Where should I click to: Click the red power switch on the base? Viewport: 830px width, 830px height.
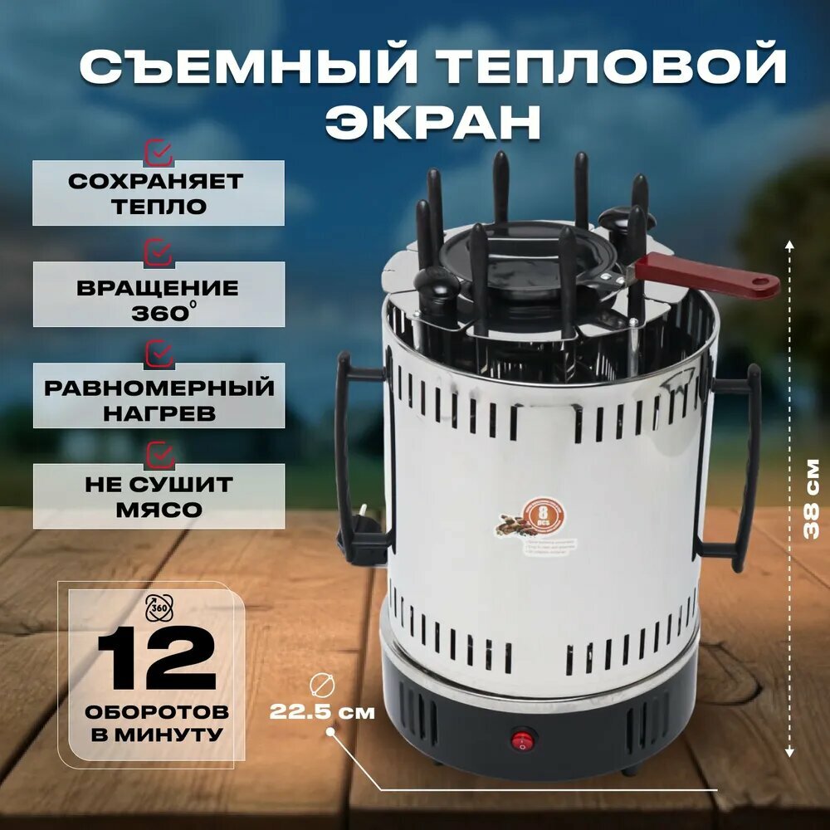pos(522,738)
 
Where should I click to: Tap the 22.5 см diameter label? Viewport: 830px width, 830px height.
pos(322,712)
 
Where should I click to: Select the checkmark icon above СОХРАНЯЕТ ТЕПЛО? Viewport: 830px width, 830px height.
pos(159,152)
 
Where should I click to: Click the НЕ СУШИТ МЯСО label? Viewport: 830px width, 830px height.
pos(158,496)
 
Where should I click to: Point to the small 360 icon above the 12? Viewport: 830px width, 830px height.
pos(156,608)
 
